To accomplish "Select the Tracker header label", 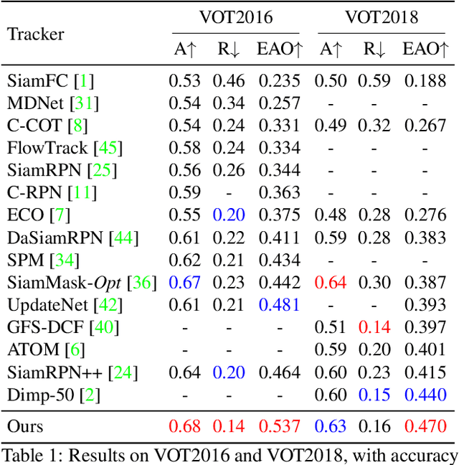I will tap(36, 34).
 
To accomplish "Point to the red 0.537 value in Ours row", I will tap(279, 426).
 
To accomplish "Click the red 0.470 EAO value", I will tap(425, 426).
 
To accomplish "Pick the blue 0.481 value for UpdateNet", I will tap(279, 305).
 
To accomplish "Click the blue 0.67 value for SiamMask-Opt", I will tap(184, 283).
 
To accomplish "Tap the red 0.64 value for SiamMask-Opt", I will tap(331, 283).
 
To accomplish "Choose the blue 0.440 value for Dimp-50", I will tap(425, 395).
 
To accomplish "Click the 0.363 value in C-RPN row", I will tap(279, 193).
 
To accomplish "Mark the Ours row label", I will tap(25, 426).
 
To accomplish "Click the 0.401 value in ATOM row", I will tap(425, 350).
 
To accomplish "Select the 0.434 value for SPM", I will tap(279, 260).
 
